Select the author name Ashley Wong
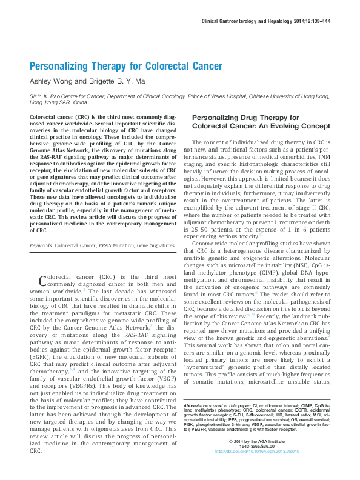[51, 82]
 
